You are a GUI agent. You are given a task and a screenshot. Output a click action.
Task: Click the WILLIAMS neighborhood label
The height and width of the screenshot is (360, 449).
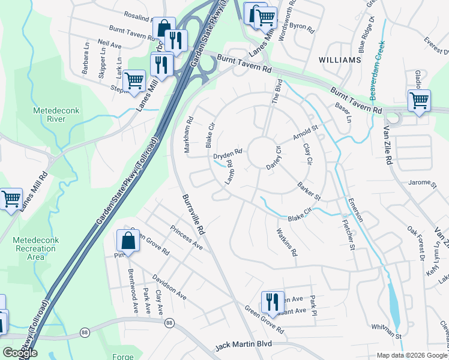[340, 61]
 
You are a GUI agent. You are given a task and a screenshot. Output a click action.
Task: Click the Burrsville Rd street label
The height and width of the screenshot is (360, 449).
[194, 214]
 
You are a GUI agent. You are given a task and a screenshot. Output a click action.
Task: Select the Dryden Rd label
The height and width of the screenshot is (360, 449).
[228, 154]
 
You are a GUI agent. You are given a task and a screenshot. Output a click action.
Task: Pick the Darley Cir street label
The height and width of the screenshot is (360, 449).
[274, 157]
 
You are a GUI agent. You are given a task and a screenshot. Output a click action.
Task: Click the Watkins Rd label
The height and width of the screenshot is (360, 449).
[286, 242]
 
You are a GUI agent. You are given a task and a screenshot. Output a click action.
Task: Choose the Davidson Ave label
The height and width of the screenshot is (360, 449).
[169, 288]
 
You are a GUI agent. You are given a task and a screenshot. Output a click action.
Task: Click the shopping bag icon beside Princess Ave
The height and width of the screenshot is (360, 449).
[128, 242]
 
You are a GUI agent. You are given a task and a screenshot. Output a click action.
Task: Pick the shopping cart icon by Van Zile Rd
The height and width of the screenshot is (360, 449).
[418, 101]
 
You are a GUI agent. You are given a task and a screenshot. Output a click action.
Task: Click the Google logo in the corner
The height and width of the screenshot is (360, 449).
[20, 353]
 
